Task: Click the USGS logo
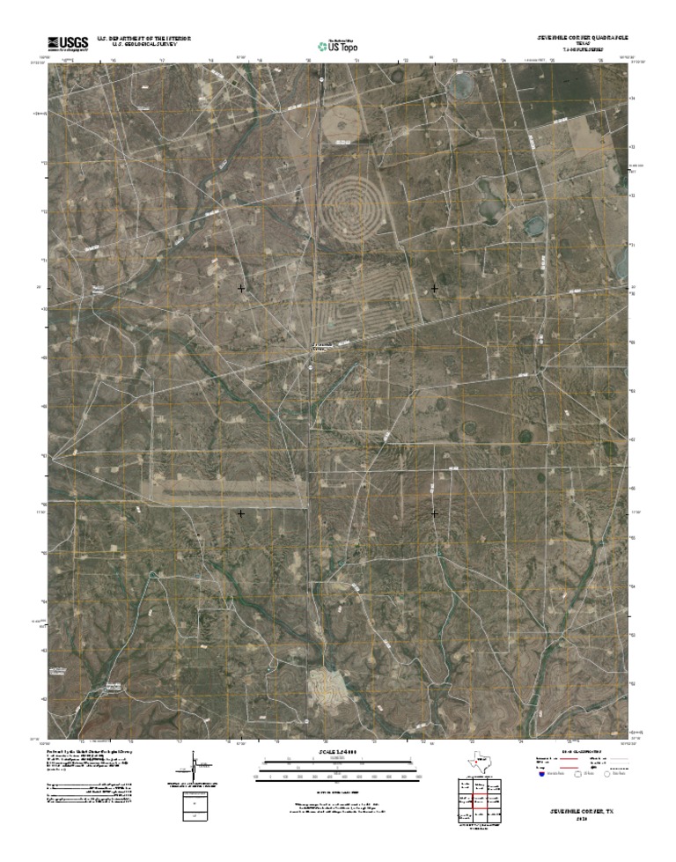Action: [68, 41]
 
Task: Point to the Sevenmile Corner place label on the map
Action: [322, 345]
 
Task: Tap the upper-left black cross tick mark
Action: [241, 288]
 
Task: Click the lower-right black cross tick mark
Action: [434, 512]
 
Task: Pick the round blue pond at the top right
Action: [459, 85]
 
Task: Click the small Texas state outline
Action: [480, 763]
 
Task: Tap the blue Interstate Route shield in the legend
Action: [540, 774]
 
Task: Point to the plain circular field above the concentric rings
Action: [340, 122]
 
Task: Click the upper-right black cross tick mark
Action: [434, 288]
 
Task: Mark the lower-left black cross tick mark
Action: [241, 512]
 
